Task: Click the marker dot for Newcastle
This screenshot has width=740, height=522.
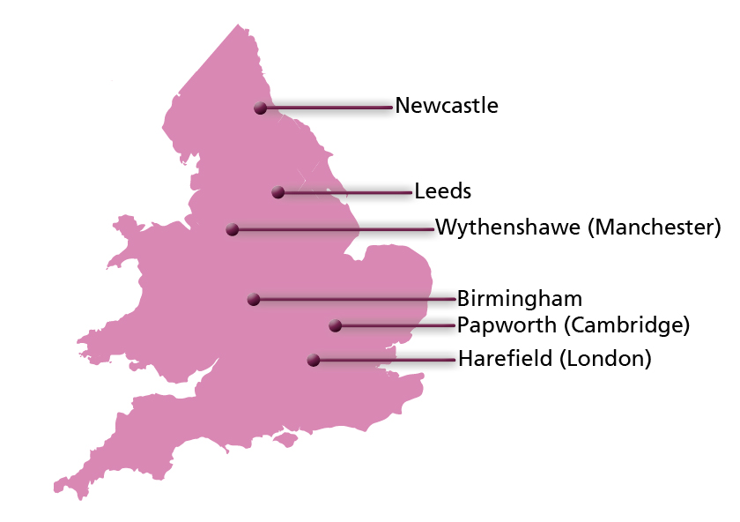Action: tap(260, 108)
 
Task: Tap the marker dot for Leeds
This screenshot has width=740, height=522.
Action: tap(277, 192)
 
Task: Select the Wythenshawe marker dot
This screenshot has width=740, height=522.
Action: tap(233, 229)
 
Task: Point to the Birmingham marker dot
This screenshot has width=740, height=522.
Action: tap(254, 300)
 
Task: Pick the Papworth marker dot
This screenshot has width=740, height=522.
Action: tap(335, 325)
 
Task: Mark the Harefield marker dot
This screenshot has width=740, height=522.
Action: tap(313, 360)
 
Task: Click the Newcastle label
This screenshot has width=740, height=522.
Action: tap(447, 106)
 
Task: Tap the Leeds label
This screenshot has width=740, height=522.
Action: tap(443, 190)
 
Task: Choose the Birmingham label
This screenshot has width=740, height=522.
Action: tap(520, 298)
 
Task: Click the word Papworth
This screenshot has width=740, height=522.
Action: tap(507, 325)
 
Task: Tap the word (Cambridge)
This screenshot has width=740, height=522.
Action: tap(626, 325)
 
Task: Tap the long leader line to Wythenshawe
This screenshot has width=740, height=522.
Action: tap(335, 229)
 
